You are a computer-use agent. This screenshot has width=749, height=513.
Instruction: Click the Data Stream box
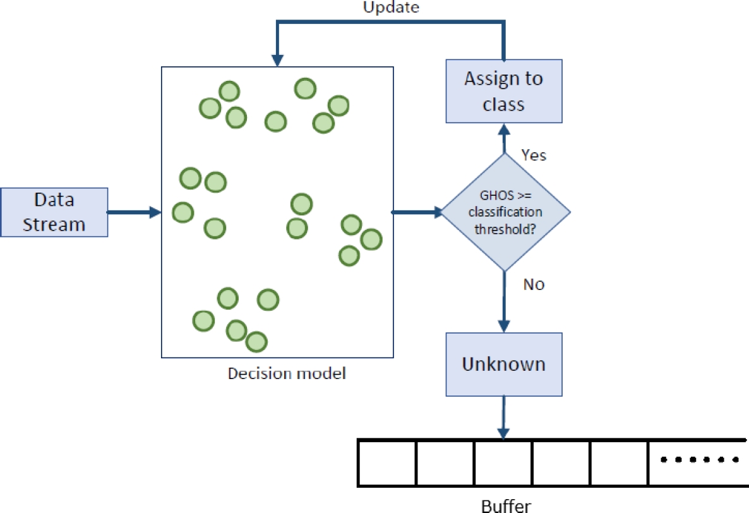tap(54, 212)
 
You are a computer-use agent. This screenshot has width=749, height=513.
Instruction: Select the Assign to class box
tap(503, 91)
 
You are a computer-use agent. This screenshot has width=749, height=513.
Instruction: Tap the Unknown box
tap(503, 365)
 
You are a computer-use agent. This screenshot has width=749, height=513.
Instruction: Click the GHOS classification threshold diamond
tap(505, 212)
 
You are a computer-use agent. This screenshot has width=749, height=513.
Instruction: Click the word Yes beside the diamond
tap(534, 155)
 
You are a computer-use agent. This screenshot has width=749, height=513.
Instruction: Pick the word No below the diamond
tap(534, 284)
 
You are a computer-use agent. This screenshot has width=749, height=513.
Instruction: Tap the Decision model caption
tap(287, 373)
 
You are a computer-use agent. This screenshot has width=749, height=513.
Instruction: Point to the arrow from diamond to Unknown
tap(504, 301)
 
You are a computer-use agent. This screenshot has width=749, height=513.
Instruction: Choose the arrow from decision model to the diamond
tap(417, 212)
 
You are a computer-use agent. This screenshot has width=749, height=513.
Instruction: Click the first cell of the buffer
tap(387, 462)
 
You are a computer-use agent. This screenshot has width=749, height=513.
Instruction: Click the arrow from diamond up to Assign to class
tap(504, 139)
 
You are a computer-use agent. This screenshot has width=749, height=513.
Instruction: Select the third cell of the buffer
tap(503, 462)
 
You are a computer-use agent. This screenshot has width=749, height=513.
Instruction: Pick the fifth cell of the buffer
tap(620, 462)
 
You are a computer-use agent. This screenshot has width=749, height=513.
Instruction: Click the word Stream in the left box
tap(54, 224)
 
